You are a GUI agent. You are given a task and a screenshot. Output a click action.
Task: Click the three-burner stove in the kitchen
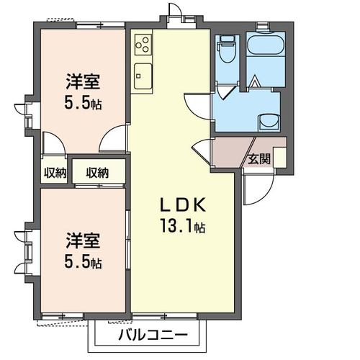[142, 44]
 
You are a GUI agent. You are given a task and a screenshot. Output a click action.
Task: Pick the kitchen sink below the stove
[141, 73]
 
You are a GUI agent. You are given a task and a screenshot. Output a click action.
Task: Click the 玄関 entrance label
[259, 159]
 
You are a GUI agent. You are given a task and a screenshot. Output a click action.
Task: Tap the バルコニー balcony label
[152, 336]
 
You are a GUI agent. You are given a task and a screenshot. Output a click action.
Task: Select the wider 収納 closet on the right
[98, 172]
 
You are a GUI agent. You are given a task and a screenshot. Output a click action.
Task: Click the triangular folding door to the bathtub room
[255, 81]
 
